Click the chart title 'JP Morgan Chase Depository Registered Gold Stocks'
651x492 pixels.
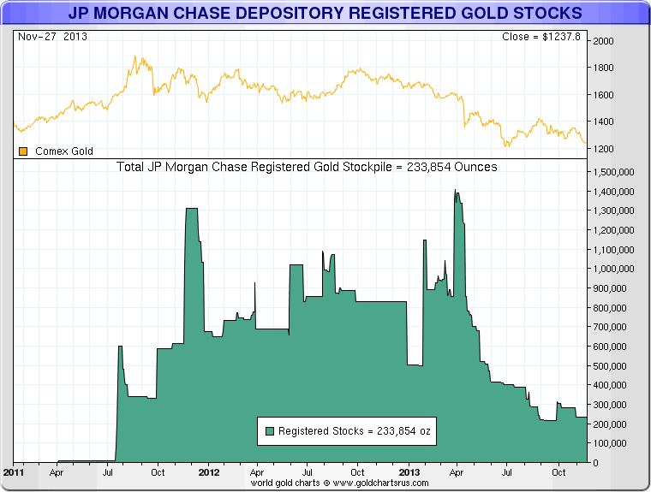pyautogui.click(x=325, y=13)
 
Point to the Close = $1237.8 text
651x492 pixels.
pyautogui.click(x=541, y=37)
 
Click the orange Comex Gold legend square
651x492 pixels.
pyautogui.click(x=23, y=151)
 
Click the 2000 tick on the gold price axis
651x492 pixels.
pyautogui.click(x=603, y=40)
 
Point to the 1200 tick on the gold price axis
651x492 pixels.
pyautogui.click(x=603, y=149)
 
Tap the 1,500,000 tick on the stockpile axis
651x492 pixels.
pyautogui.click(x=613, y=171)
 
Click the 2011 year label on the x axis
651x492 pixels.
pyautogui.click(x=14, y=472)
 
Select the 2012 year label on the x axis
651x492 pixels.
pyautogui.click(x=209, y=472)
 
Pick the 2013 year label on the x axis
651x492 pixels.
pyautogui.click(x=409, y=472)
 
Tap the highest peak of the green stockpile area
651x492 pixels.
pyautogui.click(x=456, y=191)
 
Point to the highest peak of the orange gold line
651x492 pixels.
pyautogui.click(x=135, y=57)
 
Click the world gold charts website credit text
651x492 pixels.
pyautogui.click(x=338, y=483)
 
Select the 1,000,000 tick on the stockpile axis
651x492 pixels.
pyautogui.click(x=613, y=269)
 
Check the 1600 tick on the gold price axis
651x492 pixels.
pyautogui.click(x=603, y=94)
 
